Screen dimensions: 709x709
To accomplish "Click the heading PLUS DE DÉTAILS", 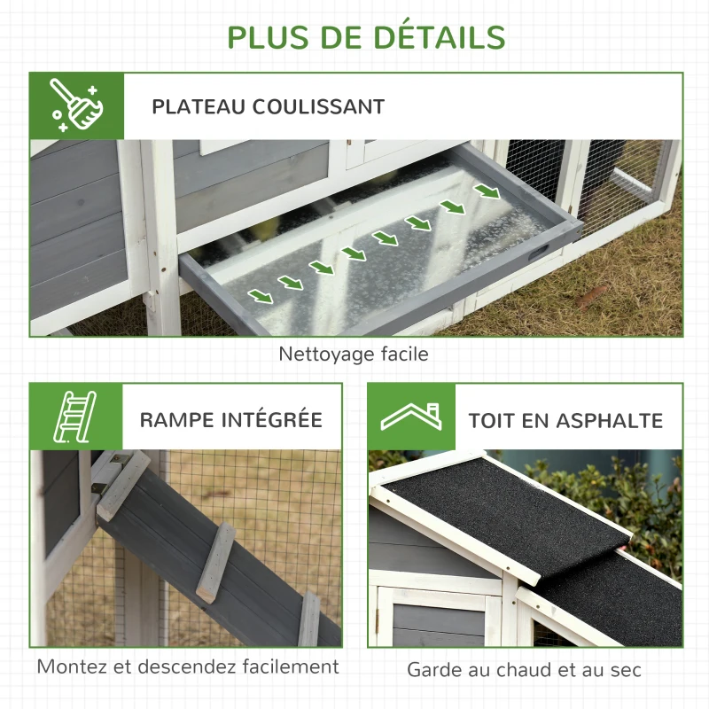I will (x=366, y=36).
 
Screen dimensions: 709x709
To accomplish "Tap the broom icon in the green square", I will (x=75, y=105).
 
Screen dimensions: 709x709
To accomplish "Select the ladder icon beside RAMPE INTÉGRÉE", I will (x=75, y=417).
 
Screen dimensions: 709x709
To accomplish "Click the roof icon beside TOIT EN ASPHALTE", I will (x=411, y=417).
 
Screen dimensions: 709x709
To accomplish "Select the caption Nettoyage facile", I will (x=354, y=354).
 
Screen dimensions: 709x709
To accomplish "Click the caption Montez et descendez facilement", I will (x=187, y=666).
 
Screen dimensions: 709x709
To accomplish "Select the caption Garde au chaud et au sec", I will (x=524, y=669).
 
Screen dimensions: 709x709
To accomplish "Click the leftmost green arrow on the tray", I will (x=261, y=295).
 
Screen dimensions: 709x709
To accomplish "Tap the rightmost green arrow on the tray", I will (x=485, y=191).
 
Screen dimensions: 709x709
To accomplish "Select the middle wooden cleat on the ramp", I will (x=215, y=562).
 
